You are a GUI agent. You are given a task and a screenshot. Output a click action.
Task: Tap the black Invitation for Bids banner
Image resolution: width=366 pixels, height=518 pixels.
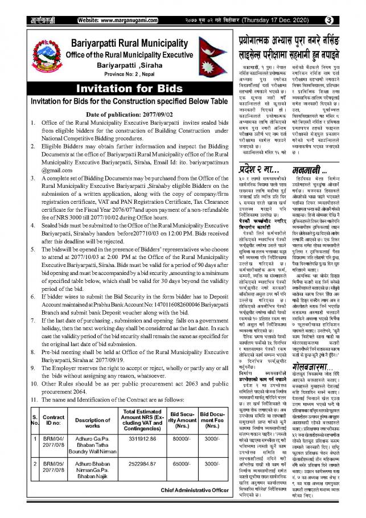(x=121, y=89)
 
